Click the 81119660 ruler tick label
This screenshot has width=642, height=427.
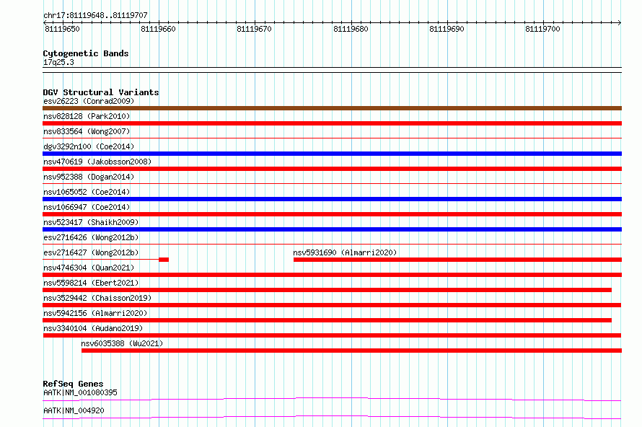tap(158, 29)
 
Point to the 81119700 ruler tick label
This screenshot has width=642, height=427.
tap(542, 29)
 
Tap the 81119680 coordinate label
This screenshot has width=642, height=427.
tap(351, 29)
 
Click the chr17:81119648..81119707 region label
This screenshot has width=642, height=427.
tap(95, 15)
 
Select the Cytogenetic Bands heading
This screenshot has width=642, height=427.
tap(86, 53)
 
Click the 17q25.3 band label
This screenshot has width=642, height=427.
tap(58, 62)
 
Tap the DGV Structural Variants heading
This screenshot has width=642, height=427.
tap(101, 92)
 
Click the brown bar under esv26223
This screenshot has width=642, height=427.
tap(332, 108)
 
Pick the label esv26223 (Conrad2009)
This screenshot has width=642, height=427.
tap(89, 101)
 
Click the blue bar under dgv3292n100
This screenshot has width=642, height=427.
tap(332, 154)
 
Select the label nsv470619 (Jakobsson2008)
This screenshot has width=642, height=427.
tap(97, 162)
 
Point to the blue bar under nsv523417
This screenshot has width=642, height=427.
tap(332, 229)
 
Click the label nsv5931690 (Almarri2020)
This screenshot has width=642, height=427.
tap(345, 252)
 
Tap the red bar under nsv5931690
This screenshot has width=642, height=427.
tap(458, 260)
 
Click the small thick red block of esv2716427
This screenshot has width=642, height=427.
tap(164, 260)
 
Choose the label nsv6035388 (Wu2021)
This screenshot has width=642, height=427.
tap(122, 343)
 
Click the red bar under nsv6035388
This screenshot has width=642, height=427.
tap(352, 351)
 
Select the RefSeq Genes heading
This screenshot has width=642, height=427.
tap(73, 384)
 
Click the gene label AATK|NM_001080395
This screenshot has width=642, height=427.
tap(80, 392)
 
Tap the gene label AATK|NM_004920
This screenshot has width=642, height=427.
tap(74, 410)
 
